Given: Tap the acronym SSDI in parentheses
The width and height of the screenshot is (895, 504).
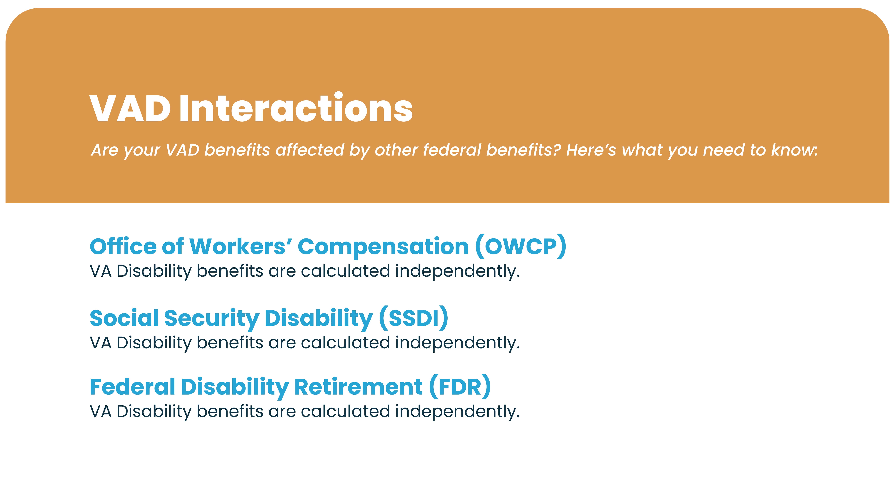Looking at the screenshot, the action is (x=413, y=318).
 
